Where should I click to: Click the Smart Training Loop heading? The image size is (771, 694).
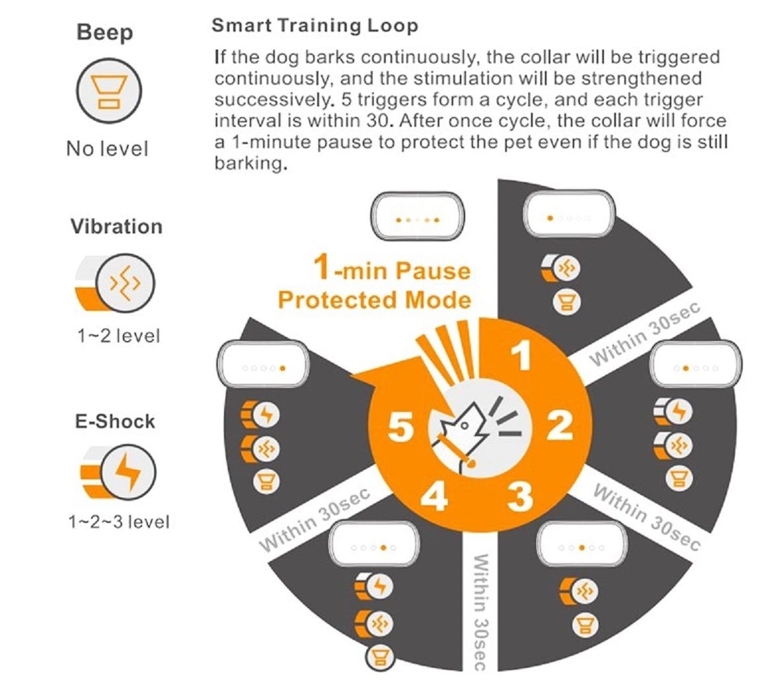[x=314, y=26]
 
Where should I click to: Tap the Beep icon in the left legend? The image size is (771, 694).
[x=108, y=91]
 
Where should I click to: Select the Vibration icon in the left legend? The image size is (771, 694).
[x=125, y=284]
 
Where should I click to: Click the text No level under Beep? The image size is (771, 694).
[x=107, y=149]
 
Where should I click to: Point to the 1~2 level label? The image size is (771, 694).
[x=118, y=336]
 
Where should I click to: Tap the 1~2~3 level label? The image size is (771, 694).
[x=118, y=521]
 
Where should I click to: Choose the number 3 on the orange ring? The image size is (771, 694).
[x=520, y=496]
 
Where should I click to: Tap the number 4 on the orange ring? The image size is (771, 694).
[x=434, y=496]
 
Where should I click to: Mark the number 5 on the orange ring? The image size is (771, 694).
[x=401, y=426]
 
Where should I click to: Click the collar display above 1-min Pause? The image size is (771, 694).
[x=418, y=216]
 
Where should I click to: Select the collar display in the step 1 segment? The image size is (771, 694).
[x=569, y=214]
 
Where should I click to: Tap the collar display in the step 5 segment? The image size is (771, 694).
[x=263, y=364]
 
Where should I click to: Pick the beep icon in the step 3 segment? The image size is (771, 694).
[x=585, y=626]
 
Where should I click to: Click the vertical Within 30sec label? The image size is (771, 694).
[x=480, y=612]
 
